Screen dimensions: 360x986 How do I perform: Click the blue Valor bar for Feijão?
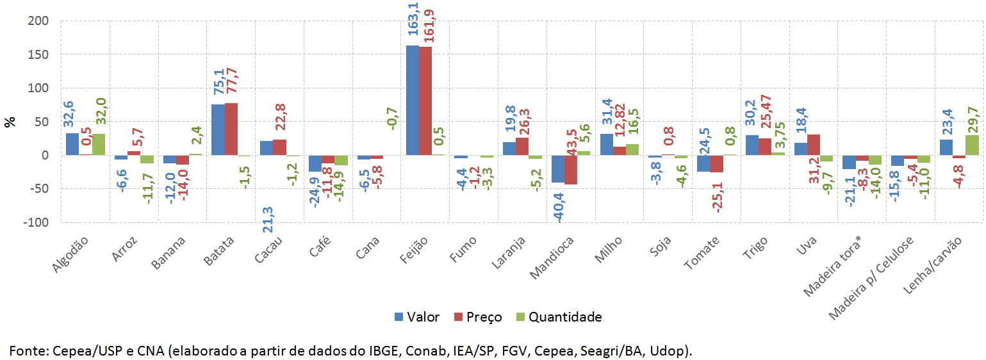tap(412, 101)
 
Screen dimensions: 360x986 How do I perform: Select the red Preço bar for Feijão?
tap(425, 101)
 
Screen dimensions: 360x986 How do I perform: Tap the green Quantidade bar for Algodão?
tap(98, 145)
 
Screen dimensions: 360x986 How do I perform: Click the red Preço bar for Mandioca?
tap(571, 170)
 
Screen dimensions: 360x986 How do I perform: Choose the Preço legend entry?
tap(477, 317)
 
